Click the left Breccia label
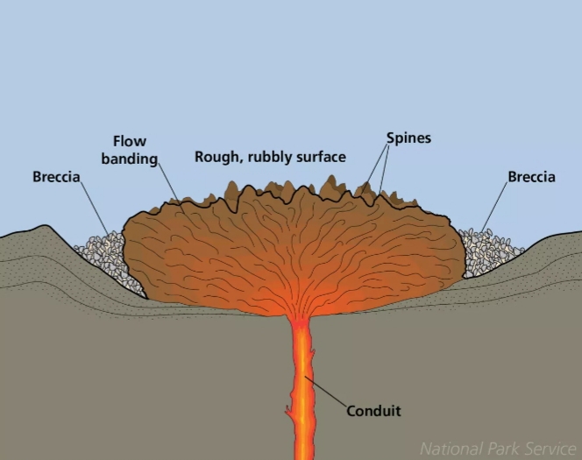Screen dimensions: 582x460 [x=56, y=177]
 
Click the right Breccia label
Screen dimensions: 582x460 [x=531, y=177]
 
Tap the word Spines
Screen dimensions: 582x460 [x=408, y=138]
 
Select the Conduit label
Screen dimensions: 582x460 [x=373, y=410]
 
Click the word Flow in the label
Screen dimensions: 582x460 [x=130, y=141]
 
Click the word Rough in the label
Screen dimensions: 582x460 [x=214, y=158]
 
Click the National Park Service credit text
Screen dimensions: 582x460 [x=497, y=449]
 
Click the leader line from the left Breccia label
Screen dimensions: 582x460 [x=95, y=210]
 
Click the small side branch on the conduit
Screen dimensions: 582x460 [x=288, y=411]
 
